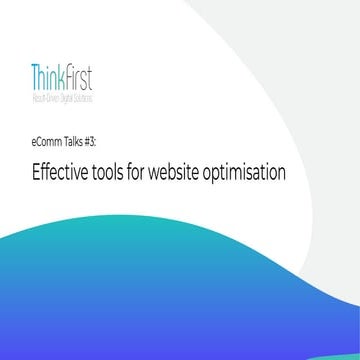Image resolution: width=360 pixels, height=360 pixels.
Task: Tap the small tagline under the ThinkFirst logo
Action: coord(65,93)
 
